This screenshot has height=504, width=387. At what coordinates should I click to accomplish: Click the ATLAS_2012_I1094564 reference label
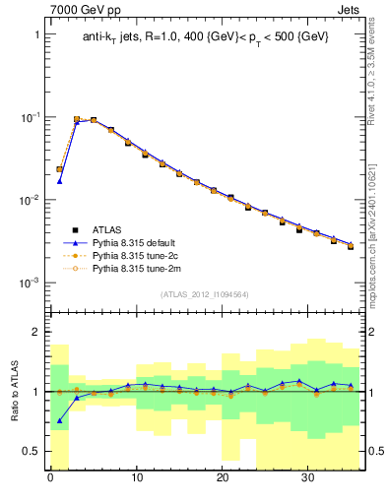click(205, 294)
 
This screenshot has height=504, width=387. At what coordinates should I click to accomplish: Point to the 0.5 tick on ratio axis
click(32, 451)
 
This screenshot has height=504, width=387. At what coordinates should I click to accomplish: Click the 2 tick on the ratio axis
click(37, 333)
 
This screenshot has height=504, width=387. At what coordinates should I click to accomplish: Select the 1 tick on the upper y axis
click(37, 34)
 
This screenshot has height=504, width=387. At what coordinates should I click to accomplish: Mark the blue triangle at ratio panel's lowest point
click(59, 420)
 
